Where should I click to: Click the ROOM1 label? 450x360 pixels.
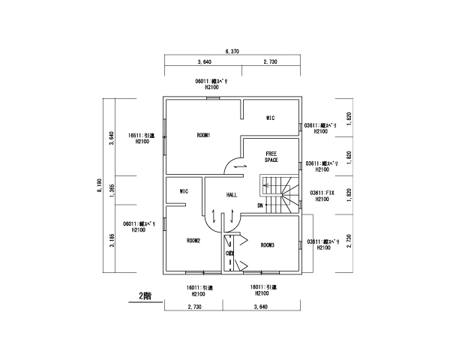pyautogui.click(x=203, y=135)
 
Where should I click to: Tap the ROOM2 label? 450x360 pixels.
pyautogui.click(x=193, y=241)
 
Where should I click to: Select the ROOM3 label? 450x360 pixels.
pyautogui.click(x=268, y=245)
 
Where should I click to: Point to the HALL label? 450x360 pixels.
pyautogui.click(x=232, y=194)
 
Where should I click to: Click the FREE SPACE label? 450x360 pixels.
pyautogui.click(x=271, y=157)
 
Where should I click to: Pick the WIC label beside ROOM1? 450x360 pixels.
pyautogui.click(x=271, y=118)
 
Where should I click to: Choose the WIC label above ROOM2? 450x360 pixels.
pyautogui.click(x=184, y=191)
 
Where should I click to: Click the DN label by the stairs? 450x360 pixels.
pyautogui.click(x=260, y=205)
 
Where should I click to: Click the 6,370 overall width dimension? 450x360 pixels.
pyautogui.click(x=232, y=51)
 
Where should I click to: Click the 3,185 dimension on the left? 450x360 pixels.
pyautogui.click(x=112, y=241)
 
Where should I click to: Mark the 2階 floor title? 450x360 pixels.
pyautogui.click(x=144, y=295)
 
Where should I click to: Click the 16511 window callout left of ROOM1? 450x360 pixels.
pyautogui.click(x=139, y=139)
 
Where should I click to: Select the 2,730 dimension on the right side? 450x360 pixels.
pyautogui.click(x=349, y=244)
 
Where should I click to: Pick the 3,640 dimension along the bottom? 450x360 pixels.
pyautogui.click(x=261, y=307)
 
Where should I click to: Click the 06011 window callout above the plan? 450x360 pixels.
pyautogui.click(x=211, y=83)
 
